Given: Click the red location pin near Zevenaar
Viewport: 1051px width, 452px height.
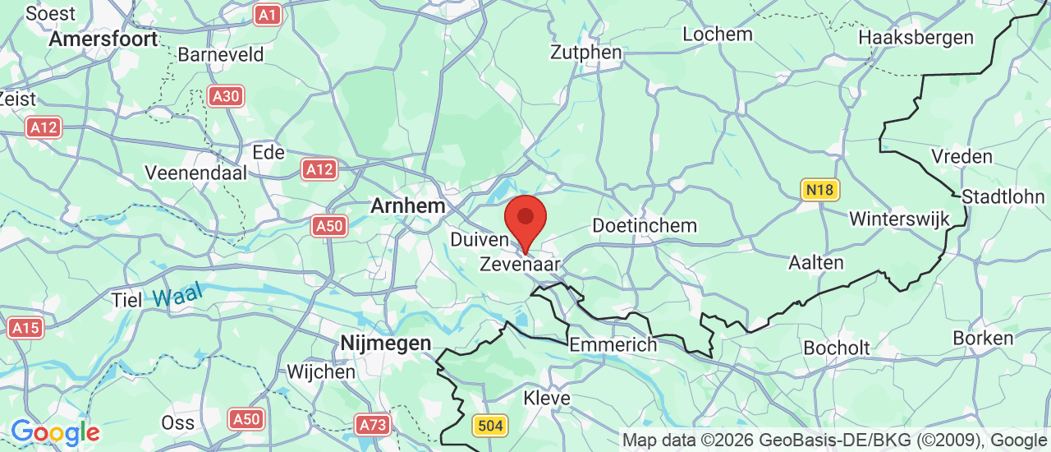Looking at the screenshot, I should (525, 219).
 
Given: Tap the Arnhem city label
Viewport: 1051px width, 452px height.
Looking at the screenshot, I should (407, 205).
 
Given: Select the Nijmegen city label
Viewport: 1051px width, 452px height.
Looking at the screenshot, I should (386, 344).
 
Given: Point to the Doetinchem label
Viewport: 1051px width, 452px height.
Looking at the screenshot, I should (645, 225).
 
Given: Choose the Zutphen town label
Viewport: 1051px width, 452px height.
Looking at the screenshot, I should (586, 53).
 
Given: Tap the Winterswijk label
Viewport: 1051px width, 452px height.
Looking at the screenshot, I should (899, 219).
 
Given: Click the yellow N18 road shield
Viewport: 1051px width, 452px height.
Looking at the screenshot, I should (819, 190).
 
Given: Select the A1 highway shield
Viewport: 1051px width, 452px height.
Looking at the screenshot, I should (267, 14).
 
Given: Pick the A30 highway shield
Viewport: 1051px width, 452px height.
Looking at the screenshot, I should (224, 96).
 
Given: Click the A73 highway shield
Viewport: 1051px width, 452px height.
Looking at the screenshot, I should (374, 424).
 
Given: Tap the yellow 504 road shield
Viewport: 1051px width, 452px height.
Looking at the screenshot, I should (489, 425).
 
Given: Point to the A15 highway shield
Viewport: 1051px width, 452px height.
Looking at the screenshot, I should (25, 328).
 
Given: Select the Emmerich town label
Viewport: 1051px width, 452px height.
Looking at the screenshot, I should (613, 344).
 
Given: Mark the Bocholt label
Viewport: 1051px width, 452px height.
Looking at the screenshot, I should (836, 348).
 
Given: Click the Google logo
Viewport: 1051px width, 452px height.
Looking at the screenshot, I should (55, 431).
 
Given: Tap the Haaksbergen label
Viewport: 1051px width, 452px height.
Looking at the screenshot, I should (916, 37).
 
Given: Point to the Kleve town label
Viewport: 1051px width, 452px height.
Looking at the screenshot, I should (546, 398).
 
